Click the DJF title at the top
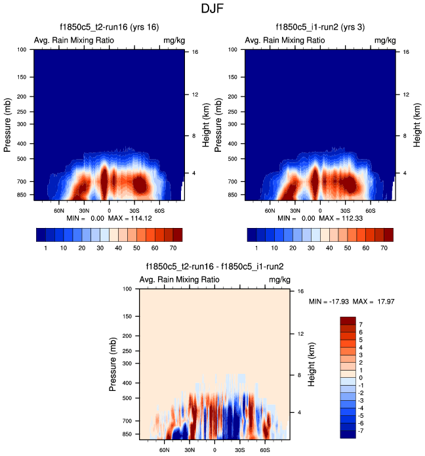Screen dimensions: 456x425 (213, 9)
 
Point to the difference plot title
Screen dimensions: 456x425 (214, 267)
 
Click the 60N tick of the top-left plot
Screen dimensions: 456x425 (59, 211)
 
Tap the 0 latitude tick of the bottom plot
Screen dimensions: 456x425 (214, 450)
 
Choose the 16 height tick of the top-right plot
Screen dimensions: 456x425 (406, 51)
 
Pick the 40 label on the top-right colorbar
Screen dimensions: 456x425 (321, 250)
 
